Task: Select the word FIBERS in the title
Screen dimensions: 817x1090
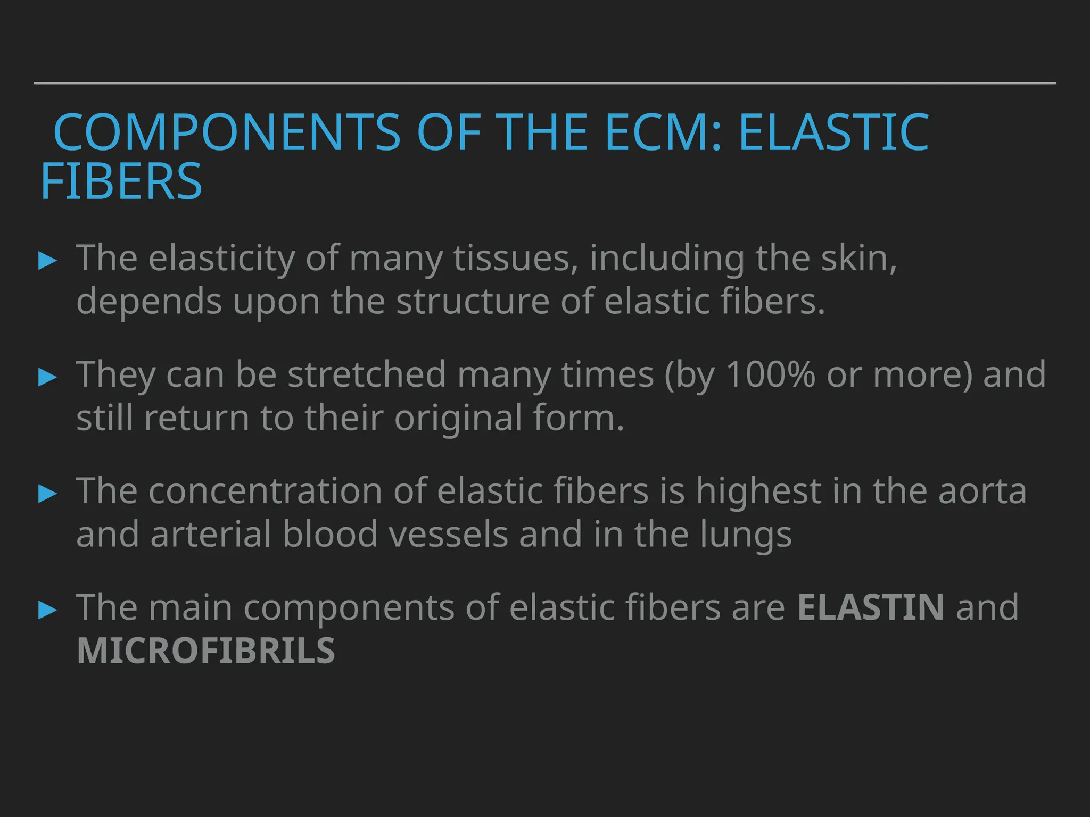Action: point(121,182)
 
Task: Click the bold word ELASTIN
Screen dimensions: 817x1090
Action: point(871,607)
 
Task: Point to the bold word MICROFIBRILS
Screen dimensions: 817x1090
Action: point(206,651)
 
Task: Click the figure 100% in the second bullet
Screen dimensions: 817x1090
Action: point(770,374)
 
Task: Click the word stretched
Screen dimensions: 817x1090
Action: point(366,374)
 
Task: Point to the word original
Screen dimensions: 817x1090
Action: point(458,418)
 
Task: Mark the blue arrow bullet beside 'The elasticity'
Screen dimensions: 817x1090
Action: point(48,261)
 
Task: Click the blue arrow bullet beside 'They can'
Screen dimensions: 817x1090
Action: point(48,377)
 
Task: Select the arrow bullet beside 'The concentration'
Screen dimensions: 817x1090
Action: point(48,494)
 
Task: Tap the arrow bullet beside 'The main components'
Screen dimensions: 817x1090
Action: point(48,610)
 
